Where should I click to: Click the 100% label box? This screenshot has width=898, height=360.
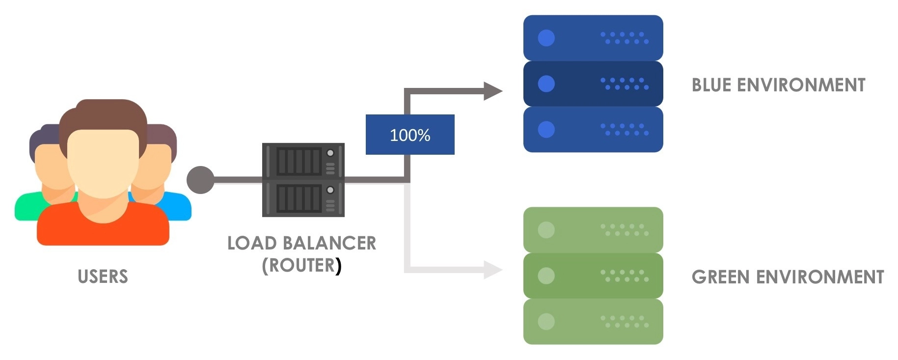coord(409,135)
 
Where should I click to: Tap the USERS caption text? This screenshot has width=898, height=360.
coord(103,277)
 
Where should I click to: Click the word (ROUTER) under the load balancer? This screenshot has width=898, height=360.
coord(301,266)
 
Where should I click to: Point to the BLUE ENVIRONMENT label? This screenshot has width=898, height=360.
coord(778,85)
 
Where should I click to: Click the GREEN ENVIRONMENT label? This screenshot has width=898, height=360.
coord(788,277)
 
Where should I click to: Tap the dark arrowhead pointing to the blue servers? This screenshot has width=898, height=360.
coord(492,91)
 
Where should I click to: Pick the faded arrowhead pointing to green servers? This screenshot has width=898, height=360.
coord(492,269)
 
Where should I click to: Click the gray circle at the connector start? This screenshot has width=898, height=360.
coord(200,180)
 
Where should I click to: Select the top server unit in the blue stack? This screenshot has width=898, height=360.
coord(593,38)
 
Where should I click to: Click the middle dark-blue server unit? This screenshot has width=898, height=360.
coord(593,83)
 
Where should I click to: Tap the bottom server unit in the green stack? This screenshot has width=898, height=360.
coord(593,322)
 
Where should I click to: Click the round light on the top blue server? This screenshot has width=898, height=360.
coord(546,38)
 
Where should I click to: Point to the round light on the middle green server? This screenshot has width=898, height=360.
coord(546,276)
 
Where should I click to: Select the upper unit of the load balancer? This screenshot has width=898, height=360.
coord(303,161)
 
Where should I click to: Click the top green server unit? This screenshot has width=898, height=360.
coord(593,230)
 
